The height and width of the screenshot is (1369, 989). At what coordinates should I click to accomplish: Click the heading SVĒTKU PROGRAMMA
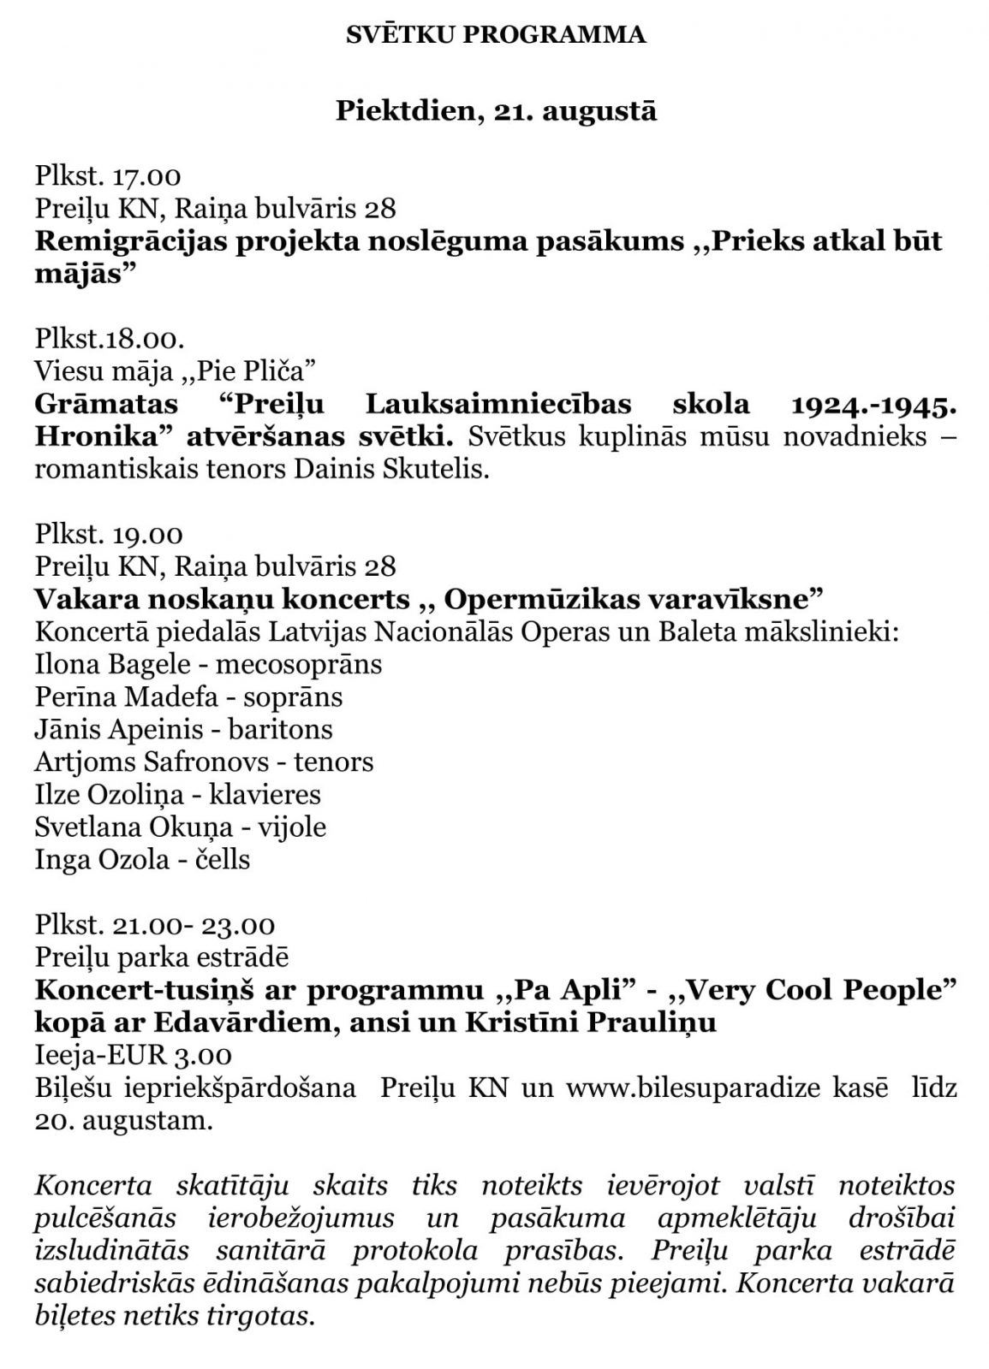click(x=495, y=34)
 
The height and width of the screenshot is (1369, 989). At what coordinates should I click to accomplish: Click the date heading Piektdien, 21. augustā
click(x=495, y=111)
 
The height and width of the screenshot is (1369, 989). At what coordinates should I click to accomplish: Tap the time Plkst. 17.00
click(x=108, y=177)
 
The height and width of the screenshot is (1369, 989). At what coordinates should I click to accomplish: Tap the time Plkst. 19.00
click(x=109, y=535)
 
